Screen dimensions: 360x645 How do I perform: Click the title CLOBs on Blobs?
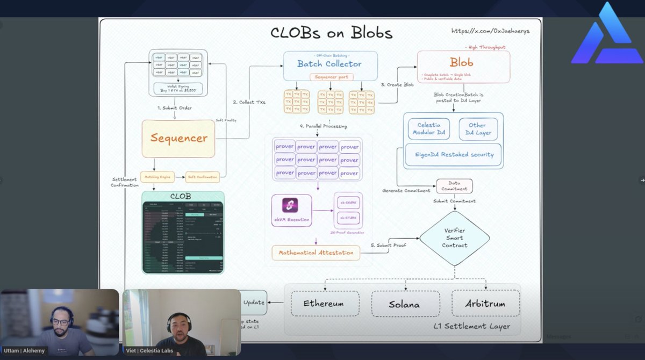[331, 33]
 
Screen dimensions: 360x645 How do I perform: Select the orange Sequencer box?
[178, 138]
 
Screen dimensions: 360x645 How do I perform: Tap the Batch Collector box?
[330, 64]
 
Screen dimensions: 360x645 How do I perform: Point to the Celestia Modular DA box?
[428, 129]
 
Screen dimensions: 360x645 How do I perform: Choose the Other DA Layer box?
[477, 129]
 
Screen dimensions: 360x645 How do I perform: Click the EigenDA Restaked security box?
[454, 154]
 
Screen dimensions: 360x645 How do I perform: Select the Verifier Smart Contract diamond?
[455, 237]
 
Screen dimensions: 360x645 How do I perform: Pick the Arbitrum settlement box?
[485, 304]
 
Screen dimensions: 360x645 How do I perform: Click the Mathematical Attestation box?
[316, 252]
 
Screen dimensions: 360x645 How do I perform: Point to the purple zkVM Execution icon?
[290, 205]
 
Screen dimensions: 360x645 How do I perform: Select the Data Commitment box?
[454, 186]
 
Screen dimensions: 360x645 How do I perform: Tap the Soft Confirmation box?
[202, 176]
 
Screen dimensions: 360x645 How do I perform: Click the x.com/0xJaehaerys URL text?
[490, 31]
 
